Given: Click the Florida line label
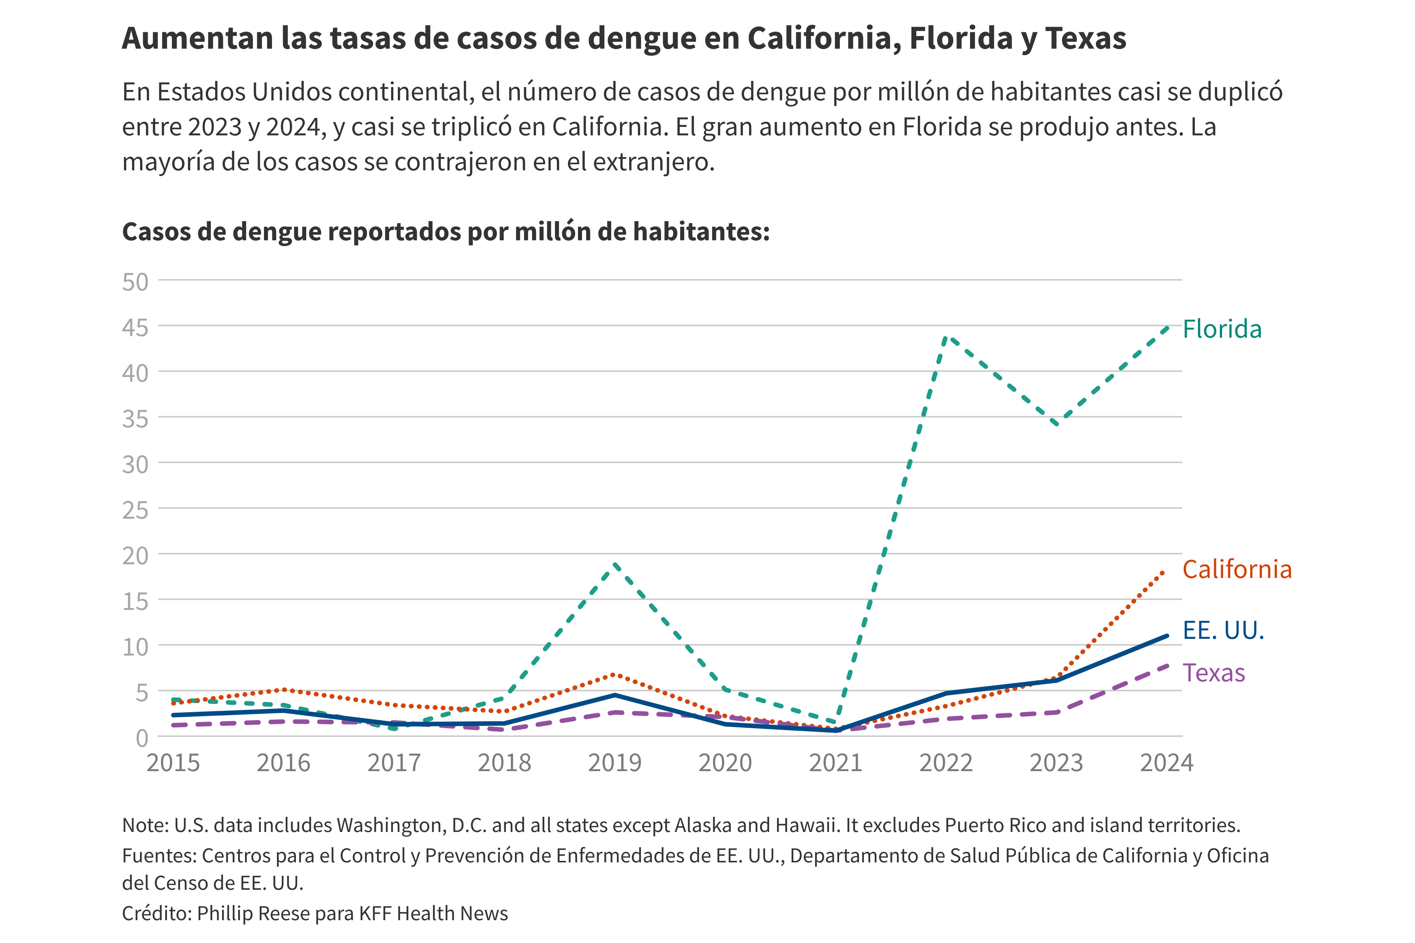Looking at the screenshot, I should coord(1221,330).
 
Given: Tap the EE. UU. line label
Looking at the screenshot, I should coord(1223,630).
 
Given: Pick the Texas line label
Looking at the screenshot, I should coord(1213,673).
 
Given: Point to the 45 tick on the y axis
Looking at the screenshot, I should coord(135,328).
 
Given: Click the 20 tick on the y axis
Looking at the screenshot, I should coord(135,556).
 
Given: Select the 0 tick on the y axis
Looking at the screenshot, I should coord(142,738).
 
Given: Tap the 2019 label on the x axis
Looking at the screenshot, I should coord(614,763).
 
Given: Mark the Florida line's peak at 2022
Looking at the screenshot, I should coord(947,337).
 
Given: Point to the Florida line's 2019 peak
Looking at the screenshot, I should coord(615,564).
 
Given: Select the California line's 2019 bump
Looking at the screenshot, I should coord(614,674).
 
